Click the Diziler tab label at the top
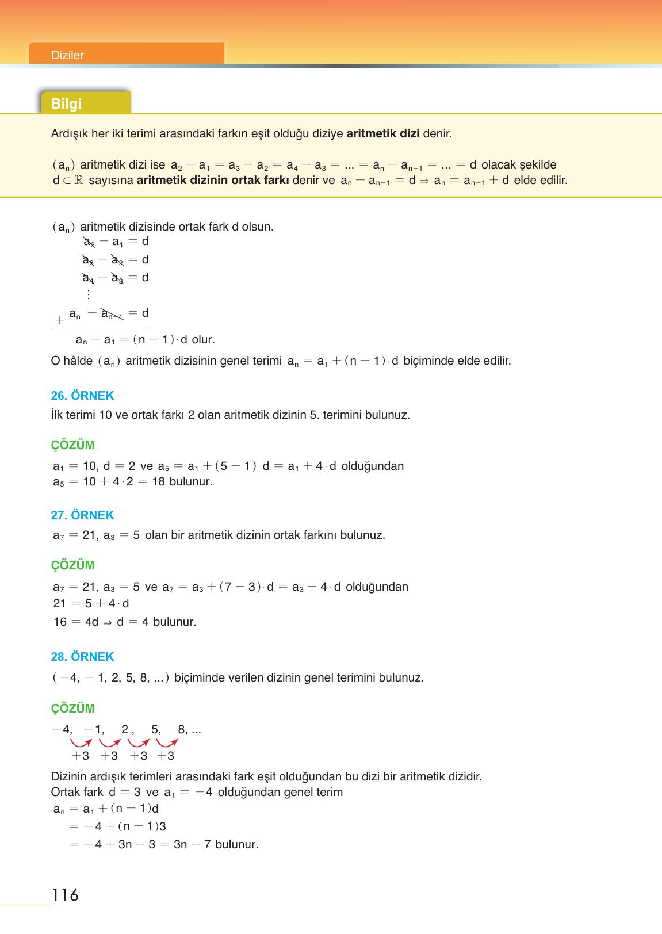point(67,55)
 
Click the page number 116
point(65,895)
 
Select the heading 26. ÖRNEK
point(82,396)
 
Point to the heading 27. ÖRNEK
point(82,515)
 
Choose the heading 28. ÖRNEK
point(82,657)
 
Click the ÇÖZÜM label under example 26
point(72,445)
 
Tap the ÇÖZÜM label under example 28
point(72,709)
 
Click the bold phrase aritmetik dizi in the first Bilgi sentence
point(383,134)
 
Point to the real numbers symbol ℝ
point(79,180)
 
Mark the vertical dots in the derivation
point(88,294)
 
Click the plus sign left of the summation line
point(59,320)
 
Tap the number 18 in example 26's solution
point(158,481)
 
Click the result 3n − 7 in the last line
point(192,844)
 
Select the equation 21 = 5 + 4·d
point(91,603)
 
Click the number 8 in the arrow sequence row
point(183,730)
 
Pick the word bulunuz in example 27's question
point(362,535)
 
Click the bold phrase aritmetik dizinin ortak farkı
point(213,180)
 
